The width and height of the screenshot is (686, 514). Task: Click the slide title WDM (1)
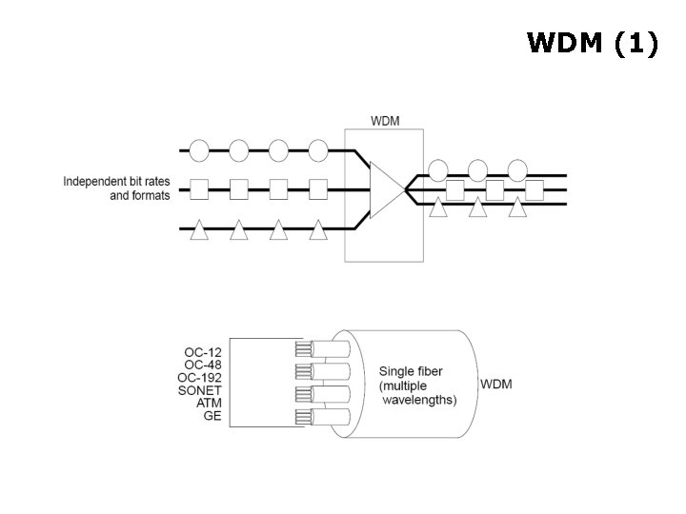click(x=592, y=44)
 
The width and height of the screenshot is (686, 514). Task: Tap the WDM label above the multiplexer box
click(x=386, y=121)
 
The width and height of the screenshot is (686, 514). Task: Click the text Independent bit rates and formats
click(x=117, y=188)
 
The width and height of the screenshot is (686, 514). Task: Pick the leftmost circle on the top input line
click(x=199, y=149)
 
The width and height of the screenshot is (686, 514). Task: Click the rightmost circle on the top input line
click(x=318, y=149)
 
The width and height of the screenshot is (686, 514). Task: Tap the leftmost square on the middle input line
click(x=199, y=188)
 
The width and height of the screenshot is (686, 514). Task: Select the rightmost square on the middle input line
click(x=318, y=188)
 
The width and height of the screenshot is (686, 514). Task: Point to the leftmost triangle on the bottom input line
click(x=199, y=229)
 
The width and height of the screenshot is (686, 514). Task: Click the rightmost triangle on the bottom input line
click(x=318, y=229)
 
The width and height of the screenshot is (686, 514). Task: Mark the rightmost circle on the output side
click(x=517, y=170)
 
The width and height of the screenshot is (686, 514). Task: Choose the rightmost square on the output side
click(x=535, y=189)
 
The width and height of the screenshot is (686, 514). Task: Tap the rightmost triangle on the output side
click(x=517, y=208)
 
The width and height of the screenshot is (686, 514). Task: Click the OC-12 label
click(x=203, y=352)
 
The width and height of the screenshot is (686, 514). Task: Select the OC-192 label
click(x=200, y=378)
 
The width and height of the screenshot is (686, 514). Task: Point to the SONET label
click(x=201, y=390)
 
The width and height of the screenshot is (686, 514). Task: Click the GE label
click(x=212, y=416)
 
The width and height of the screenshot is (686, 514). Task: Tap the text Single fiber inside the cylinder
click(x=411, y=371)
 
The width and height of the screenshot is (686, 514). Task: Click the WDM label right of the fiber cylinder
click(x=496, y=385)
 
